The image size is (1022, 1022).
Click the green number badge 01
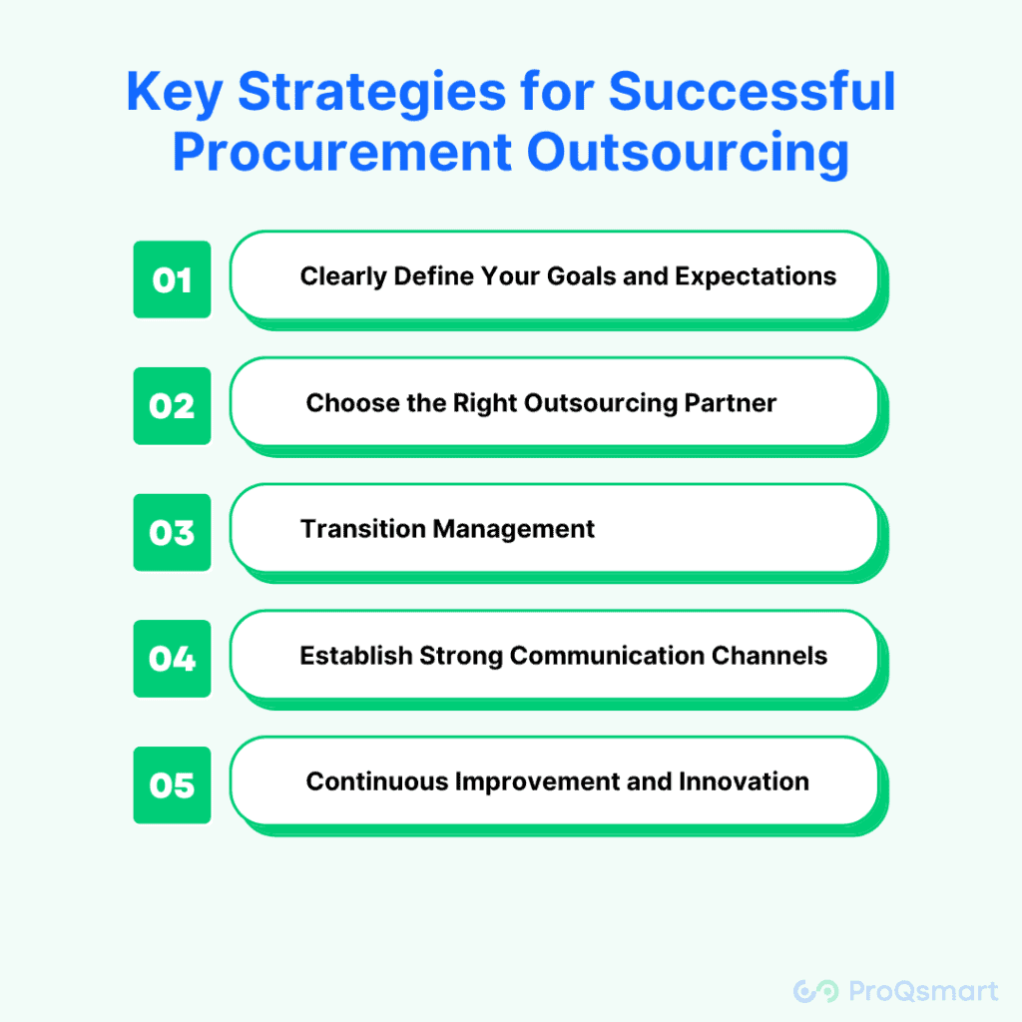(172, 279)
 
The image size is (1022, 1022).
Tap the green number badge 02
(172, 406)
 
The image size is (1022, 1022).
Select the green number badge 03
(172, 533)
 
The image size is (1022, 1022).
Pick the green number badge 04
(172, 659)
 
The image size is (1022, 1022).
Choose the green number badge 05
(172, 784)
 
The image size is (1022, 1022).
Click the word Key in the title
(175, 93)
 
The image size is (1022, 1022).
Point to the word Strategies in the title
(371, 93)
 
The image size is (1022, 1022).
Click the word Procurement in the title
(342, 152)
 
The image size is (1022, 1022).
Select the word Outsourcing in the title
(688, 154)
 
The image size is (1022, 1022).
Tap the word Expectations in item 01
(756, 277)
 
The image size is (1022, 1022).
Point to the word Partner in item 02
(730, 403)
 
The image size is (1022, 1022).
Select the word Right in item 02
(486, 404)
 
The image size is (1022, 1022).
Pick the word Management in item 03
(514, 530)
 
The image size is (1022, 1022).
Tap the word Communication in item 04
(607, 656)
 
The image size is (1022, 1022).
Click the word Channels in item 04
(769, 656)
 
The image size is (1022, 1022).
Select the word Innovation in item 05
(744, 781)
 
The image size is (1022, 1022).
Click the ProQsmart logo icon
(815, 991)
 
